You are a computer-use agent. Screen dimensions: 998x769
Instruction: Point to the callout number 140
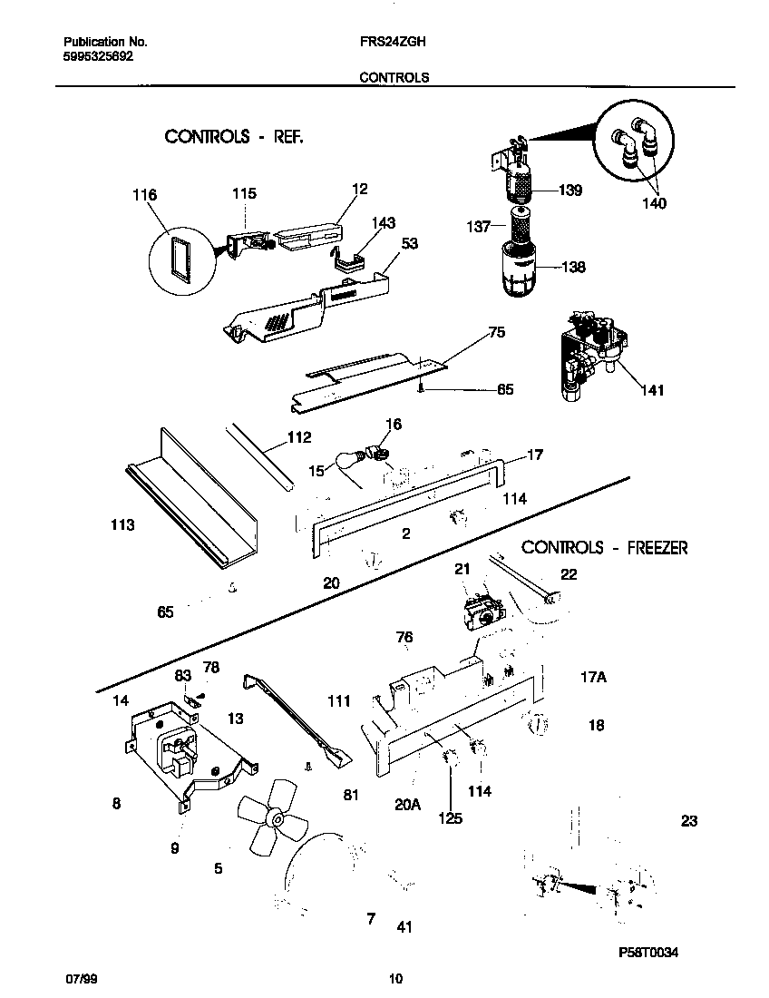tap(653, 203)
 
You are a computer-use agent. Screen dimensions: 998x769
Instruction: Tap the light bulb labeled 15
tap(347, 460)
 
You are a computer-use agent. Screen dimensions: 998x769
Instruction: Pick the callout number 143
tap(384, 223)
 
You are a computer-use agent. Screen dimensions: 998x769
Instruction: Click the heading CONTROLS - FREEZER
tap(605, 547)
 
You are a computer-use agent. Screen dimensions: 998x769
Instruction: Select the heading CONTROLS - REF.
tap(233, 137)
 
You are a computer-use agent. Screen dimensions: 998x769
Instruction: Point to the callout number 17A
tap(593, 676)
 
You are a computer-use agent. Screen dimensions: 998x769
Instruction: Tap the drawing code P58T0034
tap(648, 952)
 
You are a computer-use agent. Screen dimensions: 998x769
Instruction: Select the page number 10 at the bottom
tap(394, 979)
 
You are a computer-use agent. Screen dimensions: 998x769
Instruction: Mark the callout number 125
tap(450, 818)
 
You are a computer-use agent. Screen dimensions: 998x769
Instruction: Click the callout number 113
tap(122, 525)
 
